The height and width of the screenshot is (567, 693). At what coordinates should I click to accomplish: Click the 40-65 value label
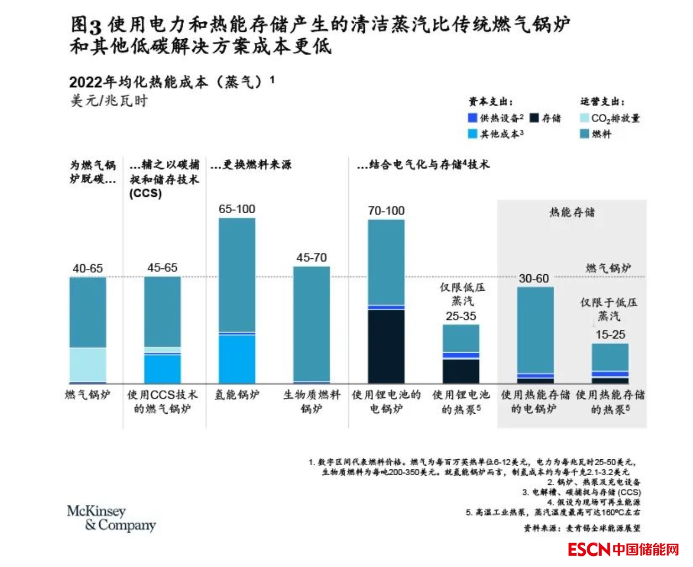(88, 268)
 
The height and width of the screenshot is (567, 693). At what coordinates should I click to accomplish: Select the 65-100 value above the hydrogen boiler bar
(237, 209)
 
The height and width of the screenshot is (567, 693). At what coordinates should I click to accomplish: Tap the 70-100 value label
(386, 211)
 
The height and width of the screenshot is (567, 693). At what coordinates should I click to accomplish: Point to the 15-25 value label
(610, 335)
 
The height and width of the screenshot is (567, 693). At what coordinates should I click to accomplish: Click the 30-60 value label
(534, 278)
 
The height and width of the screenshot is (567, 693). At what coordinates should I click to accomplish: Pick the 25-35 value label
(461, 316)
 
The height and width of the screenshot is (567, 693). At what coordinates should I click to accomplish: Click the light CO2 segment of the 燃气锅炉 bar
(88, 364)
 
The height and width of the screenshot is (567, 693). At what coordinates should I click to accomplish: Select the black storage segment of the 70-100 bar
(386, 346)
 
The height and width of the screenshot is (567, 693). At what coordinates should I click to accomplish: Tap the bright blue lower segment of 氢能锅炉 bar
(237, 359)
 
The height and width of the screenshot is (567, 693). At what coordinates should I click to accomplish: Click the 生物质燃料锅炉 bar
(311, 324)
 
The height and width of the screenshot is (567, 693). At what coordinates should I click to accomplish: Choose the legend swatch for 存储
(534, 118)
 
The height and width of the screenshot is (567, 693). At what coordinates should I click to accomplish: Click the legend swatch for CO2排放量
(584, 118)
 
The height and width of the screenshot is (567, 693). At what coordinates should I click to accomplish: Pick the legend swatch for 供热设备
(473, 118)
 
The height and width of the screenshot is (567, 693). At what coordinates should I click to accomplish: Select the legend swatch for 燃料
(584, 134)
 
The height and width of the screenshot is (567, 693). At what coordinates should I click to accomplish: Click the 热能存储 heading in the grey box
(572, 213)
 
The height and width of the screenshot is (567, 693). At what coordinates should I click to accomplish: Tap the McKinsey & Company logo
(112, 518)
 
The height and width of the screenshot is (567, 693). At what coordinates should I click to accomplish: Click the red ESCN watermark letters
(588, 549)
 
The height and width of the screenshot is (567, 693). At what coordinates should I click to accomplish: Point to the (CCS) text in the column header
(146, 193)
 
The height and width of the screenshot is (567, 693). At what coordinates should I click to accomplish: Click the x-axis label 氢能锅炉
(237, 395)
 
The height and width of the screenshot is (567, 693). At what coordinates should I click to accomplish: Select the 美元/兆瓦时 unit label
(109, 101)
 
